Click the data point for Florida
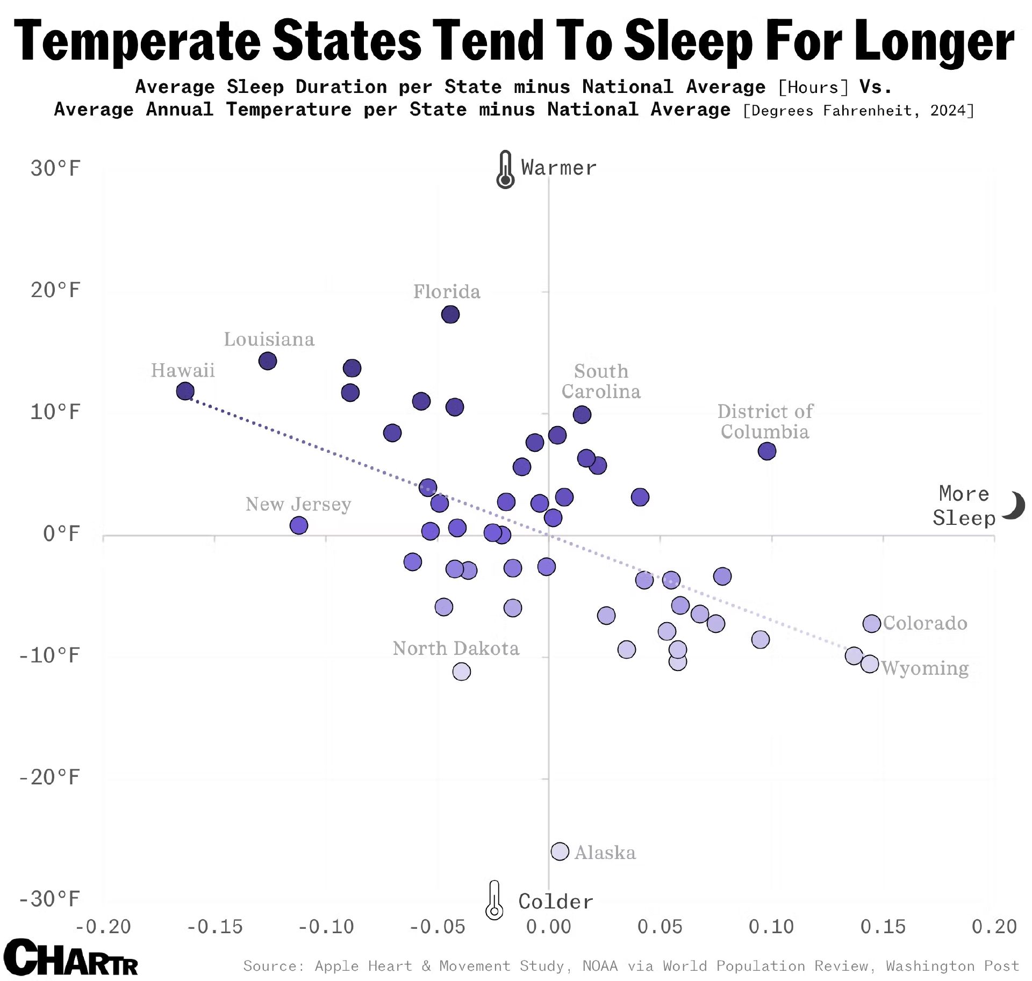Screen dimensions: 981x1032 (450, 314)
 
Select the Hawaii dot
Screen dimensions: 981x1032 (185, 391)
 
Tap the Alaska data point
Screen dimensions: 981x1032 (560, 852)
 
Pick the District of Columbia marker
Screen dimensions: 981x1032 (767, 451)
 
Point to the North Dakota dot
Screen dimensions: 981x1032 (461, 671)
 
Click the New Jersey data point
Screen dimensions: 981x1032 (299, 525)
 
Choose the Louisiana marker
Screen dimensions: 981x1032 (268, 360)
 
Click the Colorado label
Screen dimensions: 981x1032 (925, 623)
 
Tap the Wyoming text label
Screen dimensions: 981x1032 (925, 668)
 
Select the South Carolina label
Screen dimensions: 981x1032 (601, 381)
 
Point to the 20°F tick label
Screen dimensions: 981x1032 (55, 290)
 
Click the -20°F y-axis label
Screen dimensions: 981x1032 (49, 777)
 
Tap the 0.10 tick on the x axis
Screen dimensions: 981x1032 (771, 926)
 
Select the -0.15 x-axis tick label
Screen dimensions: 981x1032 (215, 926)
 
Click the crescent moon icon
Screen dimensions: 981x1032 (1014, 506)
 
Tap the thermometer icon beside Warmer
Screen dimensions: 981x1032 (505, 169)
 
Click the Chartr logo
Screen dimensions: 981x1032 (70, 957)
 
